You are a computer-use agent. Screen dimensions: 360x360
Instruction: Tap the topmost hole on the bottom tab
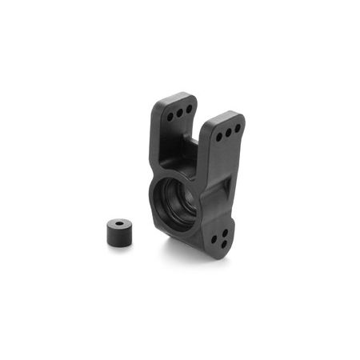[223, 233]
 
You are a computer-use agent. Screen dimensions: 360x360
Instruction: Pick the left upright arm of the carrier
[178, 132]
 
